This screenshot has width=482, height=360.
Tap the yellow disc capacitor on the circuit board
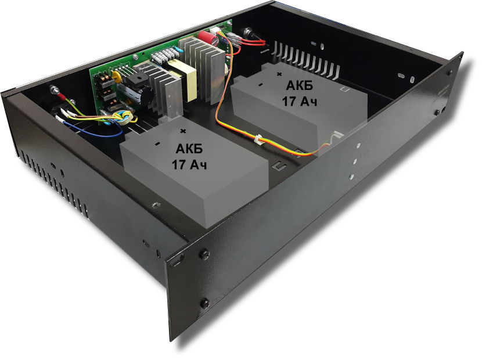116,76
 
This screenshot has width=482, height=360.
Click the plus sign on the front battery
183,131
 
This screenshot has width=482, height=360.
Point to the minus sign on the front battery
158,143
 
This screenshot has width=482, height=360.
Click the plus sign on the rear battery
279,74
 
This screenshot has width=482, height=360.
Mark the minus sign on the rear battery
260,85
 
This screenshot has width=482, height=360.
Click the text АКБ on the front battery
189,149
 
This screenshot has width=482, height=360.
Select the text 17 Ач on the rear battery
299,102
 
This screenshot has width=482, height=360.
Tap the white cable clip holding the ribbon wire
258,140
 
